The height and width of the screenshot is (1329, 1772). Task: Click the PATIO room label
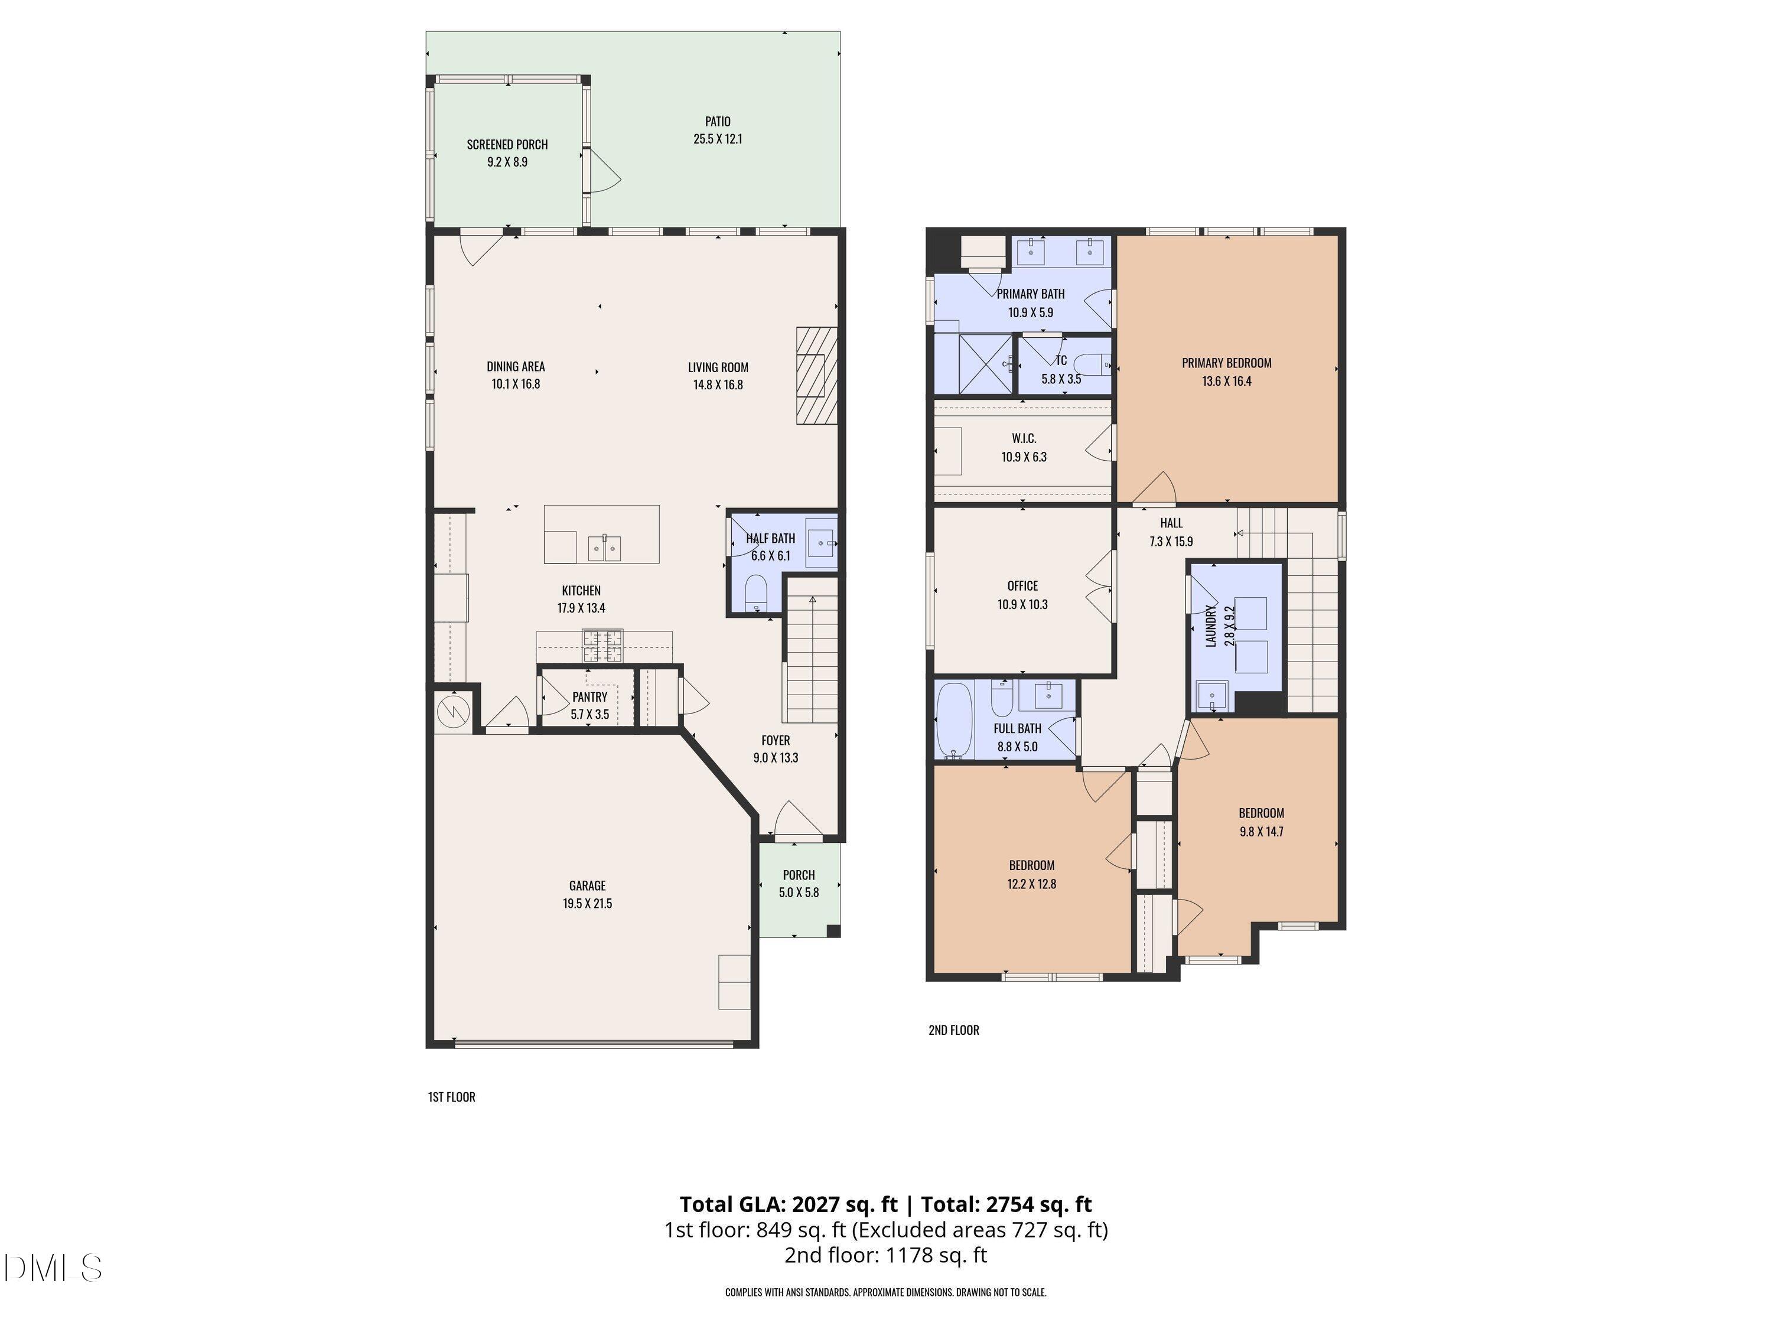717,122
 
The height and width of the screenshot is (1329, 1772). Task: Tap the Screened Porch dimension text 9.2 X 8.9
507,162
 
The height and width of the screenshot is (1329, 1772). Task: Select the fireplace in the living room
816,375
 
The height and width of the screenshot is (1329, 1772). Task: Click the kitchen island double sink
604,548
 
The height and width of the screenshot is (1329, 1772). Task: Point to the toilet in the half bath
755,593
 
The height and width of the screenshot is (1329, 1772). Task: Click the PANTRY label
589,697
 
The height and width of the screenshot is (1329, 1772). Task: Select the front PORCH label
799,875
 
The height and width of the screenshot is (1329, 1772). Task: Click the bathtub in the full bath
954,720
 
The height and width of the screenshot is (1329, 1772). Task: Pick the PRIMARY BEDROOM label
1226,363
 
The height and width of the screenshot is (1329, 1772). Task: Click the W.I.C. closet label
1024,438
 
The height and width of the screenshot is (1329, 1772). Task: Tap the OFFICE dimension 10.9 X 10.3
1022,605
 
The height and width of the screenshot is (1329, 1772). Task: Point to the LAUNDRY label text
1210,626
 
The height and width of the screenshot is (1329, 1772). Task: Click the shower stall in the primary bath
985,364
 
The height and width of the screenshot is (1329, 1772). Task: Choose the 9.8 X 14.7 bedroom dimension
1261,832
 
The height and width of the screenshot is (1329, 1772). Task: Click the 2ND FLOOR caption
953,1030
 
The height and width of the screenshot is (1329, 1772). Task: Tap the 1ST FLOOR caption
451,1097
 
